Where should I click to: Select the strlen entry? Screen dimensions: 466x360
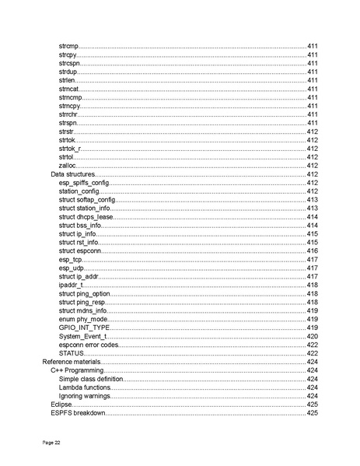(68, 80)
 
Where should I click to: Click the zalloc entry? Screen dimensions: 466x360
(67, 166)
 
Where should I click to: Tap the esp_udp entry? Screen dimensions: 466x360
(72, 268)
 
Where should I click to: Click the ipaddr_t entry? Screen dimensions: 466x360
(71, 286)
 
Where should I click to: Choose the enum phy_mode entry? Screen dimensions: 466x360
(83, 320)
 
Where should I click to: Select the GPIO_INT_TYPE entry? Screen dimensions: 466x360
(84, 328)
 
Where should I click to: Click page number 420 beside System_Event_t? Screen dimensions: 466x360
(312, 337)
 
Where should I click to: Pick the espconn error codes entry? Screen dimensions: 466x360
(89, 345)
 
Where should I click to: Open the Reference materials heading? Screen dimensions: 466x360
(72, 362)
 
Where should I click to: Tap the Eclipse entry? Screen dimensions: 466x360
(61, 405)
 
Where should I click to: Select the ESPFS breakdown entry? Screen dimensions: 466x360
(77, 413)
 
